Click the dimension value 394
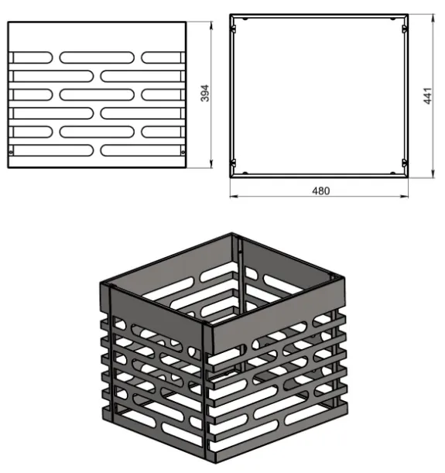tap(205, 93)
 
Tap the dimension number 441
tap(428, 96)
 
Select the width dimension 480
tap(321, 191)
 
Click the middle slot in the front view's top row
tap(97, 57)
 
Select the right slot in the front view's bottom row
tap(142, 150)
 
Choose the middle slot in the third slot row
tap(97, 94)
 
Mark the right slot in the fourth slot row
tap(142, 114)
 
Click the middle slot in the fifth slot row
tap(97, 132)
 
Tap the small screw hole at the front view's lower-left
tap(11, 153)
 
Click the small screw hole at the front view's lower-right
tap(183, 153)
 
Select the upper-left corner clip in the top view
tap(233, 29)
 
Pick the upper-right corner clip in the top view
tap(405, 29)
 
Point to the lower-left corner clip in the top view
tap(233, 163)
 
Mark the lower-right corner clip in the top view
tap(405, 163)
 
